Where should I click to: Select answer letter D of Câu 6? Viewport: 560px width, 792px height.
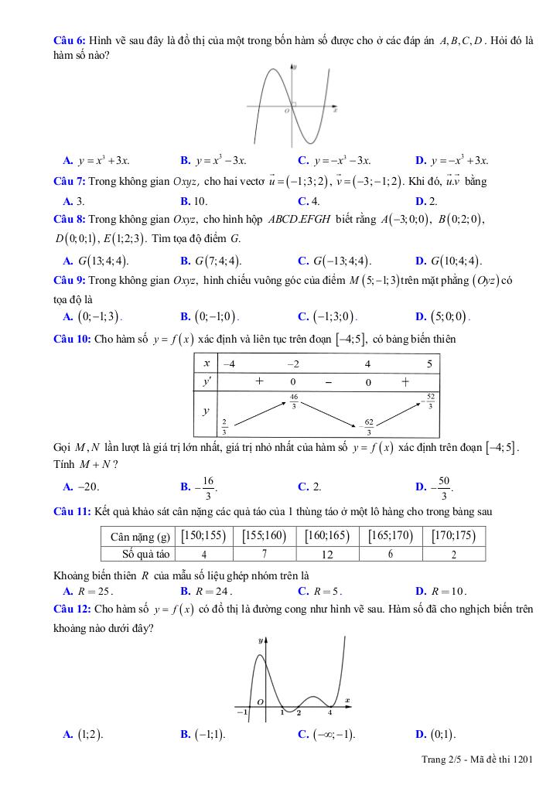pyautogui.click(x=420, y=161)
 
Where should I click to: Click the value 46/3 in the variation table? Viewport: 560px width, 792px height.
pyautogui.click(x=294, y=401)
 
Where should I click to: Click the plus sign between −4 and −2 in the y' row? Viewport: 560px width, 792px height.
pyautogui.click(x=259, y=382)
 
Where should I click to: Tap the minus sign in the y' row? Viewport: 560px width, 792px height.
pyautogui.click(x=328, y=382)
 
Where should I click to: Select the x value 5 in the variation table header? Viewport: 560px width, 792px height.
pyautogui.click(x=430, y=364)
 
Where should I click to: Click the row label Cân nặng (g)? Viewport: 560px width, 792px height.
pyautogui.click(x=140, y=536)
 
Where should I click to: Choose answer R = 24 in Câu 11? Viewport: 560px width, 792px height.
pyautogui.click(x=200, y=592)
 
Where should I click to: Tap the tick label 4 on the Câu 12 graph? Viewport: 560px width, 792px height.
pyautogui.click(x=330, y=712)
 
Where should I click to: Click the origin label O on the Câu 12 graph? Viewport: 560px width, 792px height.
pyautogui.click(x=260, y=702)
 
